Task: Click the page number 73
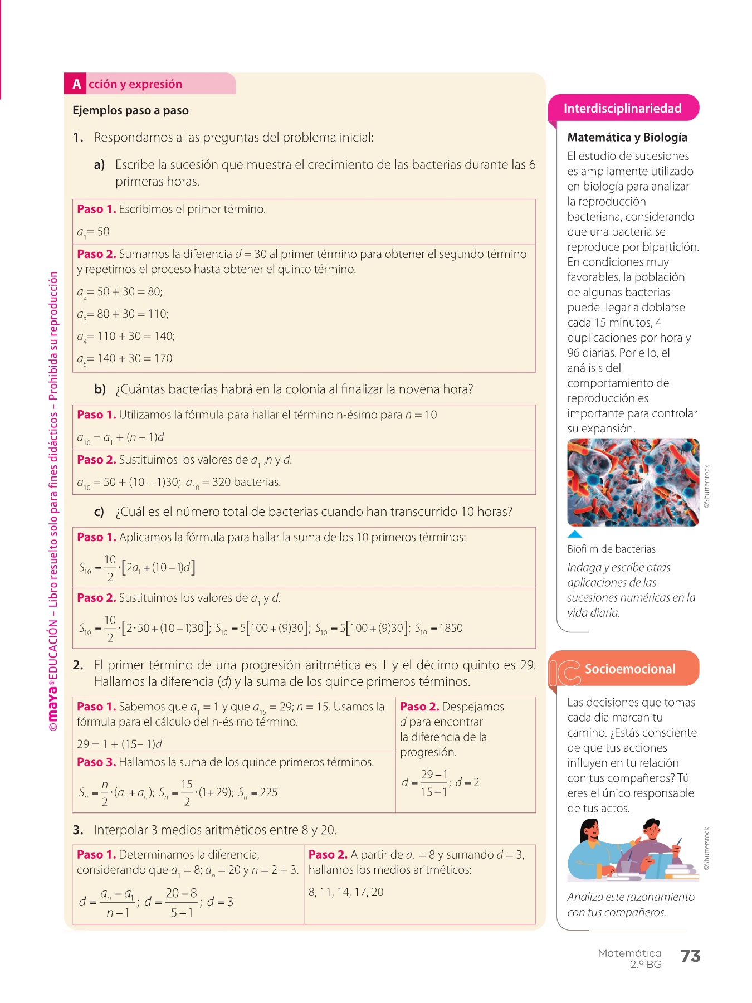690,956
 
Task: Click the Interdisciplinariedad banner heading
622,108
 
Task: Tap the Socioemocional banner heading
629,669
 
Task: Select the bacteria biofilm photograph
633,482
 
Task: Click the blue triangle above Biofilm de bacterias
574,534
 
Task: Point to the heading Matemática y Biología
627,137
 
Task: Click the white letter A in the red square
76,84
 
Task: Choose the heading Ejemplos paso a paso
130,110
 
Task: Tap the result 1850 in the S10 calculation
451,628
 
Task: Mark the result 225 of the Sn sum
268,792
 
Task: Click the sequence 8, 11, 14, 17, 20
346,892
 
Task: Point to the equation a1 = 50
93,232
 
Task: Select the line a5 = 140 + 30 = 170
125,359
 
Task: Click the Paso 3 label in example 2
96,762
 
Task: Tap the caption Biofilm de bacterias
611,549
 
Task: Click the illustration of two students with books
633,849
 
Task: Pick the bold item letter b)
100,389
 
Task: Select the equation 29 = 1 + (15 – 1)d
120,744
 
